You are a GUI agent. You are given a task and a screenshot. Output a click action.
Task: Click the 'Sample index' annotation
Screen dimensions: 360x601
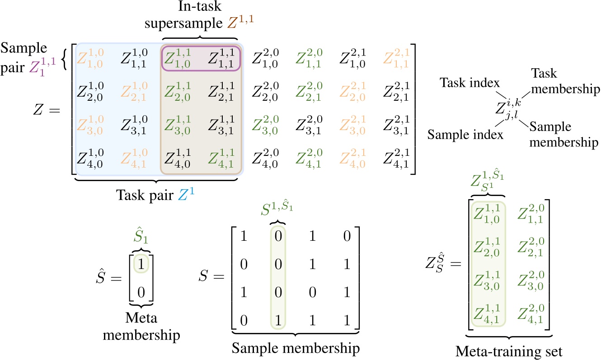(465, 135)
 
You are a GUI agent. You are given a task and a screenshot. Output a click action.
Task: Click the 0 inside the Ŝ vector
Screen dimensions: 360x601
(142, 292)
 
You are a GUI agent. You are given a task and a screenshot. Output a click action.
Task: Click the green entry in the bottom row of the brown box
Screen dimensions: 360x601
(222, 158)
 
